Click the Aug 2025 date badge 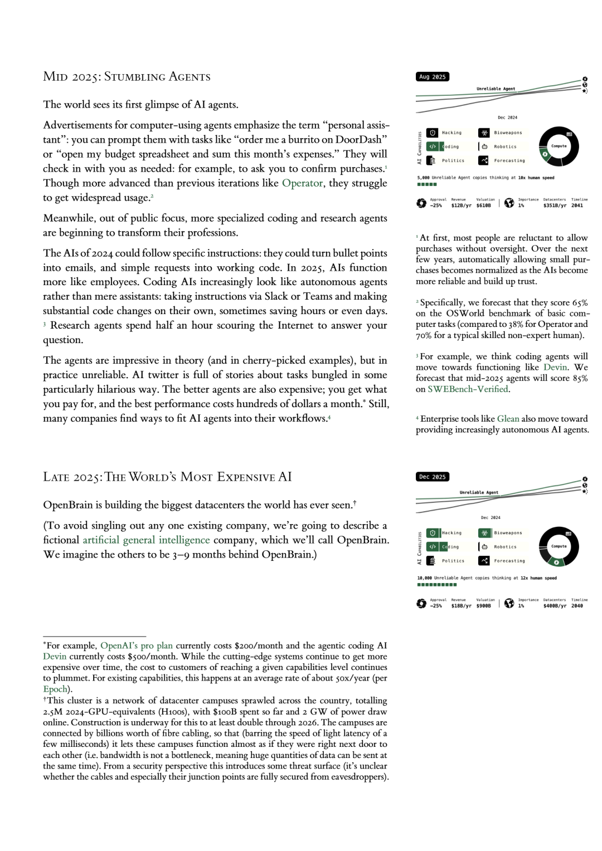[432, 77]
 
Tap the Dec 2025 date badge [432, 477]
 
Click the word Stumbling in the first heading [132, 77]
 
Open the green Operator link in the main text [302, 183]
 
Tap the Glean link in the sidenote [508, 419]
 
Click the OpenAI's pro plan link [136, 645]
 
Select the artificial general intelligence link [146, 540]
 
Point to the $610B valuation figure [483, 206]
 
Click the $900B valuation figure [483, 605]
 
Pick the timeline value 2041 [577, 206]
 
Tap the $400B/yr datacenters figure [555, 605]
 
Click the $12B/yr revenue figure [461, 206]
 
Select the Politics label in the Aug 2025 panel [453, 160]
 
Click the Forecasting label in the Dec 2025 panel [509, 561]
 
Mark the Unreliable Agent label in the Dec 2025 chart [479, 492]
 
